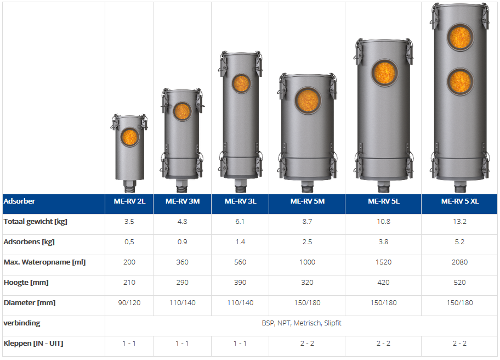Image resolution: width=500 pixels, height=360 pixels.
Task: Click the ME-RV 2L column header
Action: coord(129,201)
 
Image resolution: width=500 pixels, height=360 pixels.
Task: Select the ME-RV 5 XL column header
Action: coord(460,201)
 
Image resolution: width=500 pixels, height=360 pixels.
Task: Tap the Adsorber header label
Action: coord(19,201)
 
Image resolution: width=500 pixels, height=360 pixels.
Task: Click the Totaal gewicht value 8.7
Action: coord(307,222)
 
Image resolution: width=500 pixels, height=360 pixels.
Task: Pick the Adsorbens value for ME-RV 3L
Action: coord(240,242)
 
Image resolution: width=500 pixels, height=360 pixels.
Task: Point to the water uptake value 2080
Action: coord(459,262)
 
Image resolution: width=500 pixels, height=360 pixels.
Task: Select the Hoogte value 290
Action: coord(183,283)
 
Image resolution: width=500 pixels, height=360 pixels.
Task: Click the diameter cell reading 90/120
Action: coord(129,302)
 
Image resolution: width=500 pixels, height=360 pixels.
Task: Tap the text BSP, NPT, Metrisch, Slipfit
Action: coord(302,323)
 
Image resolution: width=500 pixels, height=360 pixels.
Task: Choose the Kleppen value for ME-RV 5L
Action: coord(383,344)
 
